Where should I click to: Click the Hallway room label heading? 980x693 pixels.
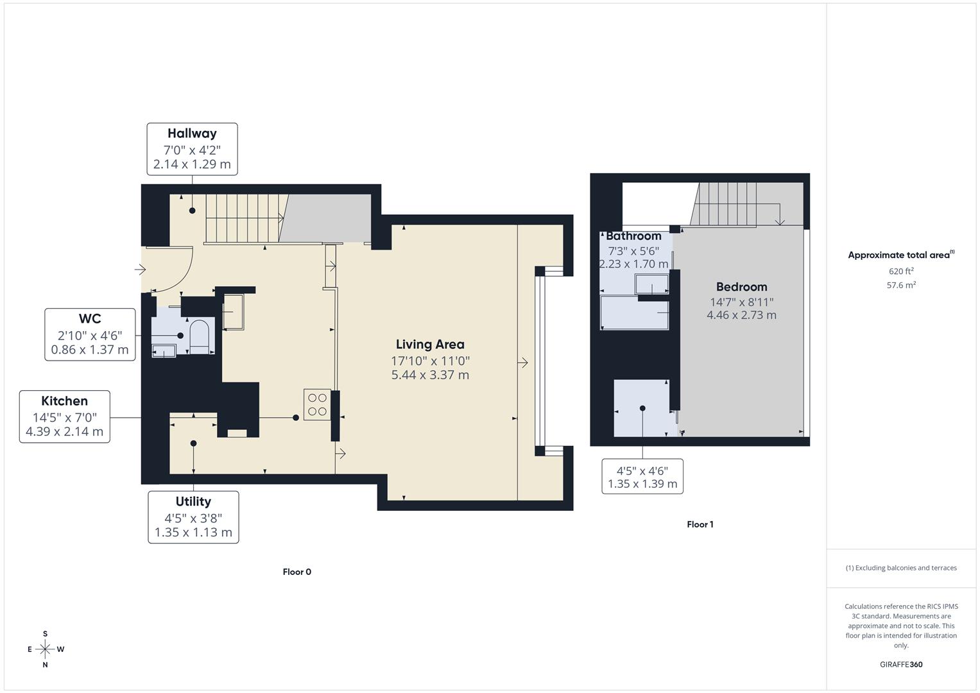192,133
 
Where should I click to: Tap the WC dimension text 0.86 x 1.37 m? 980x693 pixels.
90,350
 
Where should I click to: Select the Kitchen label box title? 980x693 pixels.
64,401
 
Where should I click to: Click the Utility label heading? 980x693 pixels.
193,502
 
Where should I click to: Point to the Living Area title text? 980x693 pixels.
430,345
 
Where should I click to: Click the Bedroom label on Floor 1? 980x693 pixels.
741,287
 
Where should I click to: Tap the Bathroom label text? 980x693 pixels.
633,236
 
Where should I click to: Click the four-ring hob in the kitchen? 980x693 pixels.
317,405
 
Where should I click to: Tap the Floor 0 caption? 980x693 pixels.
297,572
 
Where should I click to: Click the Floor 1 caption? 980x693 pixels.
700,524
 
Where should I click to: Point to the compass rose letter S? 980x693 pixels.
45,633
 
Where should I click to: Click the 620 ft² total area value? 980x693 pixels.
901,271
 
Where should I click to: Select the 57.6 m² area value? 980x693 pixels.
901,286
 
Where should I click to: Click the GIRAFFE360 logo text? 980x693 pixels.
901,665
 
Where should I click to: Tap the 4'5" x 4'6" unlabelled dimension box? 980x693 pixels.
642,477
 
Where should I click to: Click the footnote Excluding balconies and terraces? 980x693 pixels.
901,568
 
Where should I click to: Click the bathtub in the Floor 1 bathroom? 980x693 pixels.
634,313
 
